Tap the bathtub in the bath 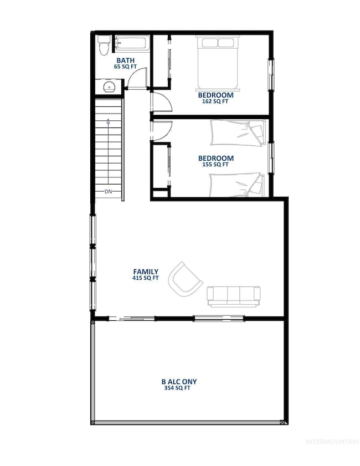coord(132,43)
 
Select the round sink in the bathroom coord(109,88)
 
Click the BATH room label coord(125,60)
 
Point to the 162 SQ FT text coord(215,101)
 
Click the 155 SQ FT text coord(215,165)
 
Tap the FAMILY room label coord(146,272)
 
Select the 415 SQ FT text coord(146,278)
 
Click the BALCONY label coord(179,382)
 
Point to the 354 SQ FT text coord(177,388)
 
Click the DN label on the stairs coord(109,192)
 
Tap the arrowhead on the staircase coord(108,121)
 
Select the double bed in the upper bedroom coord(217,63)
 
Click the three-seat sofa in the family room coord(234,296)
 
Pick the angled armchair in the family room coord(185,279)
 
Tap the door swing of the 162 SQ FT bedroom coord(162,102)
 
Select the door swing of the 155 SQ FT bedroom coord(162,130)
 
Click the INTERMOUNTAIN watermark coord(332,442)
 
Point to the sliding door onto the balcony coord(132,319)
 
